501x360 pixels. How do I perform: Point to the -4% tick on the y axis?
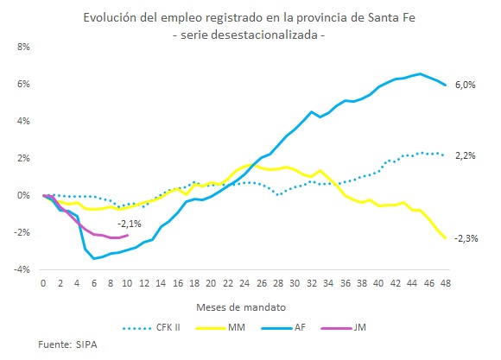(22, 270)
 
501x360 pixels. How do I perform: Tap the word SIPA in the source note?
(86, 345)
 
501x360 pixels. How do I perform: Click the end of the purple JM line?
(128, 235)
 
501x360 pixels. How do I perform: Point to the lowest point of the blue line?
(94, 258)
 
